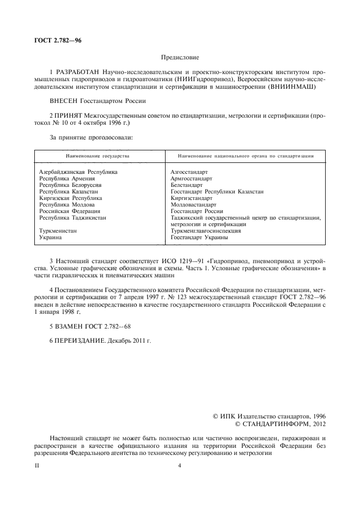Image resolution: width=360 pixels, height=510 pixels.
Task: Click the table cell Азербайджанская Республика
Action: coord(78,172)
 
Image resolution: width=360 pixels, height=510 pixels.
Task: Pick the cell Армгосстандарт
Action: coord(191,178)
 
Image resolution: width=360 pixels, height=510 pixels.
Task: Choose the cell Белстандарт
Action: coord(186,185)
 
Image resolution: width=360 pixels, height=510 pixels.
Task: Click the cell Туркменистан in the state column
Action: coord(58,231)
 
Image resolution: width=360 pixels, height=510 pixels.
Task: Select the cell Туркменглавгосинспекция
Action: coord(205,231)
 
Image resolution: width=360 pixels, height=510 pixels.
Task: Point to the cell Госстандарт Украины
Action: coord(199,238)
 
